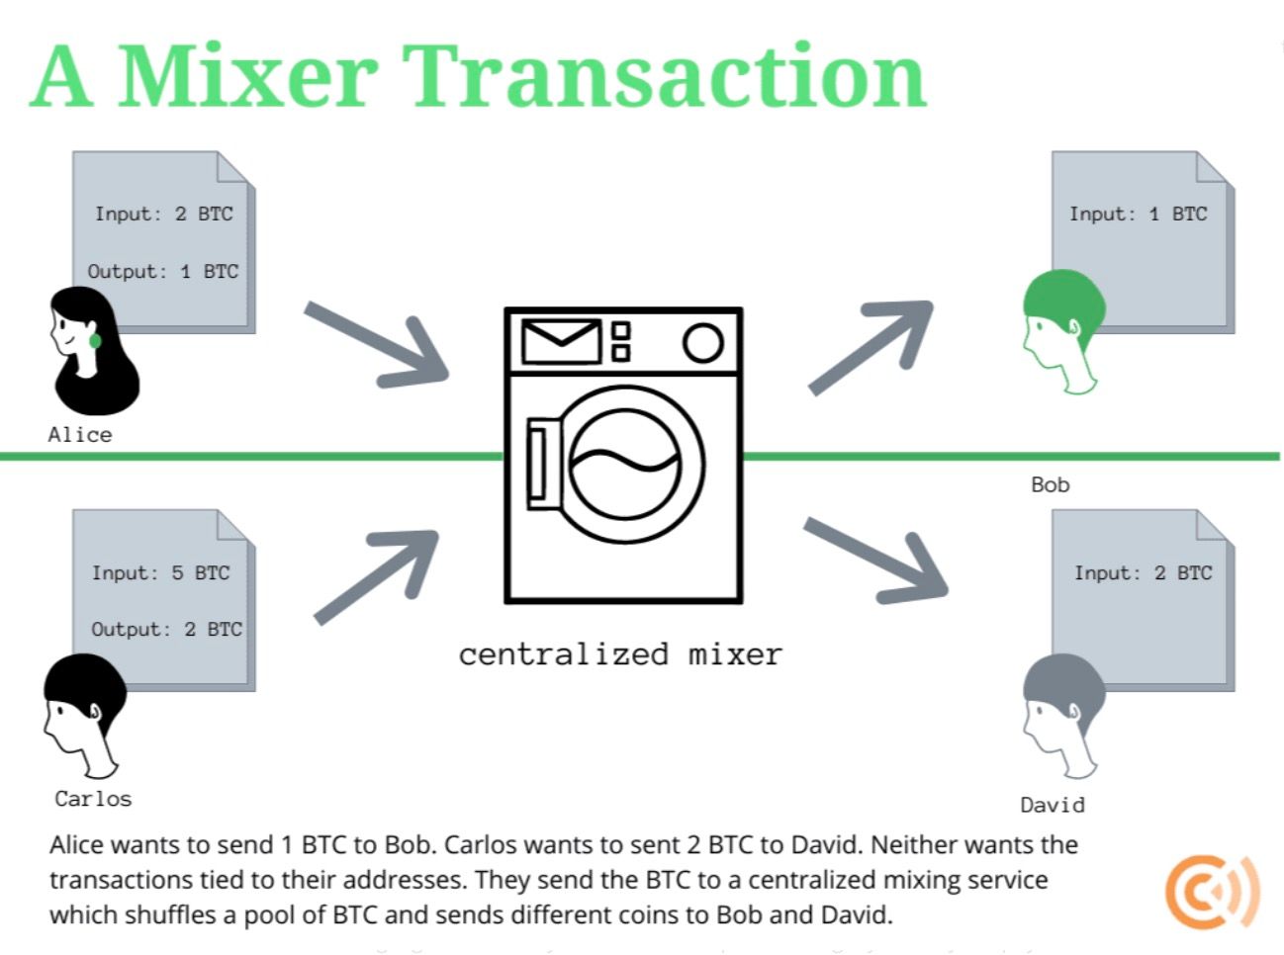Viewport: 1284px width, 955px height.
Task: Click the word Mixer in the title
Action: tap(247, 77)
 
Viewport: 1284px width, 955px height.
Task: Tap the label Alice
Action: tap(80, 435)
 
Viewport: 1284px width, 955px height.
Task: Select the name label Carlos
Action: tap(93, 799)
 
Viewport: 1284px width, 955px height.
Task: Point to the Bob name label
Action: tap(1050, 485)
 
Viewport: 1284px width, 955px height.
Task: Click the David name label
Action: tap(1052, 805)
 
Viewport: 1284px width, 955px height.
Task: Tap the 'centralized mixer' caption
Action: tap(620, 654)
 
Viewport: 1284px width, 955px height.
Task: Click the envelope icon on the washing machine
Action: tap(561, 341)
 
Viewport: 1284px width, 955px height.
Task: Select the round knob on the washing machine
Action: tap(702, 342)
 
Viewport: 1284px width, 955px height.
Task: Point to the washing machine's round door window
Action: tap(625, 464)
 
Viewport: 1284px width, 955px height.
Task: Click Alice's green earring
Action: tap(95, 341)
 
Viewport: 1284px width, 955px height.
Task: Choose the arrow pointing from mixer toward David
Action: tap(876, 560)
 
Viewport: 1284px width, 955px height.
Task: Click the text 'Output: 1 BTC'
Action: tap(163, 272)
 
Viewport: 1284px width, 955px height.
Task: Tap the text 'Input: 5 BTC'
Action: tap(161, 573)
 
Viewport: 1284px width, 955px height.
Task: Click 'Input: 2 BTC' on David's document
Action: tap(1143, 573)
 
